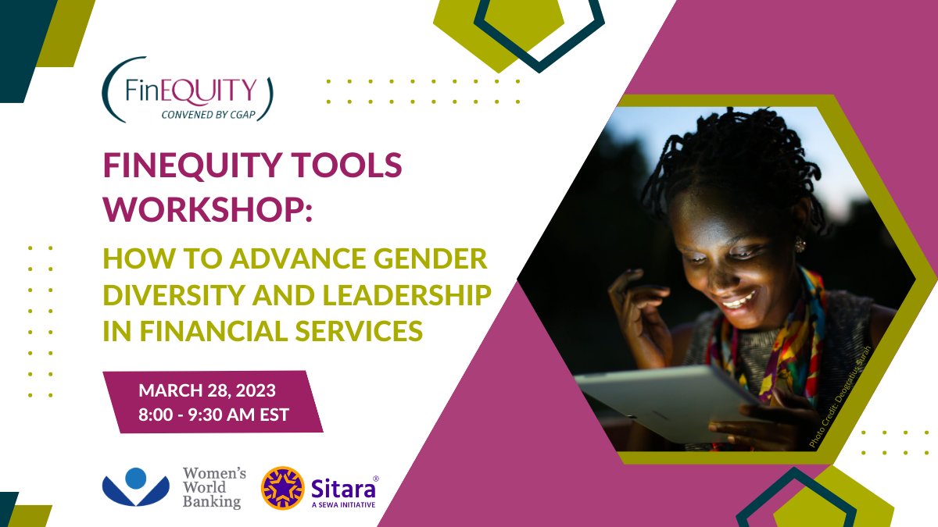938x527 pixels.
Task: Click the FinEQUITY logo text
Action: (x=191, y=91)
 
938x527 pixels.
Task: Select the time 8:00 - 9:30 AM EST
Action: (x=214, y=414)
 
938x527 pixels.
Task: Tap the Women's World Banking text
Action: (x=213, y=487)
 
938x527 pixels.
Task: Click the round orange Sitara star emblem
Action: (x=283, y=488)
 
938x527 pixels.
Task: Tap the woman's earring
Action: (x=800, y=244)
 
